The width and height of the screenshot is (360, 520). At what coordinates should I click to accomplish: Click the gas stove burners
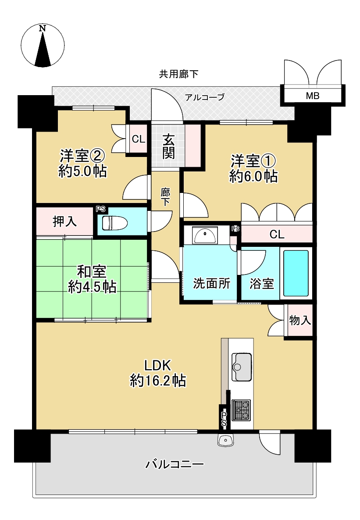click(x=241, y=410)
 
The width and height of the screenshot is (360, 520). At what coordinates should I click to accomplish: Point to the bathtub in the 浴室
click(x=296, y=273)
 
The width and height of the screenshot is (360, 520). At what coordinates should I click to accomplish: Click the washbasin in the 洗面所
click(x=205, y=235)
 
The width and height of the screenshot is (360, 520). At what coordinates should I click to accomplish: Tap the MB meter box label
click(x=313, y=96)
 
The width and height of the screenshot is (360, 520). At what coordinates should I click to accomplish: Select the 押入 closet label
click(x=64, y=221)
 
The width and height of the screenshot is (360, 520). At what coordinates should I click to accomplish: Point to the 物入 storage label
click(x=300, y=321)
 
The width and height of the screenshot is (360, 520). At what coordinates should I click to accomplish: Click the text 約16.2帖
click(x=157, y=381)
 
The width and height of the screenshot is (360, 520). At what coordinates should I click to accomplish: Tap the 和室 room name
click(x=92, y=271)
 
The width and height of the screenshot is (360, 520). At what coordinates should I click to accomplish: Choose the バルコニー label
click(x=175, y=464)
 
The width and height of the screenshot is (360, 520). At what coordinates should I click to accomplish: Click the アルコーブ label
click(x=205, y=97)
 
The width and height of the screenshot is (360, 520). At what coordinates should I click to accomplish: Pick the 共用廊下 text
click(x=178, y=74)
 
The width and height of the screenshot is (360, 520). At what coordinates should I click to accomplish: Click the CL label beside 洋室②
click(x=139, y=139)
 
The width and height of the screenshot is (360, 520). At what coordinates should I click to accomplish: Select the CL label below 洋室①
click(x=277, y=235)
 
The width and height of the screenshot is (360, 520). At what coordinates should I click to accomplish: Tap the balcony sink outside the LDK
click(x=226, y=440)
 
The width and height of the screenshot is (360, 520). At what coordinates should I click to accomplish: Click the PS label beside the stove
click(x=224, y=419)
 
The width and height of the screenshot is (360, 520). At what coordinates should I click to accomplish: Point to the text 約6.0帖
click(x=253, y=176)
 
